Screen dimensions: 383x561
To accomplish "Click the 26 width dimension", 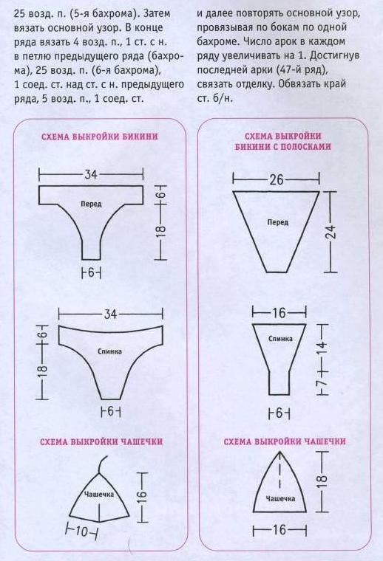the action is point(277,179).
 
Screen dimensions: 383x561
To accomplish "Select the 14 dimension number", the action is point(322,346).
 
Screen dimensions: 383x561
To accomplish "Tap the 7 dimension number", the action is point(323,382).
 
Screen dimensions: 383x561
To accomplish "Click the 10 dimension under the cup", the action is point(81,533).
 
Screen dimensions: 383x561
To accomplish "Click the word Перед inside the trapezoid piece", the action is point(278,222).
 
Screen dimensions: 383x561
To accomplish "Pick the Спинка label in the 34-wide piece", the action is point(110,351).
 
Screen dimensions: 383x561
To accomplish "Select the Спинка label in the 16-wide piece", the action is point(280,339).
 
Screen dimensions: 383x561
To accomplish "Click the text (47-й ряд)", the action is point(302,70).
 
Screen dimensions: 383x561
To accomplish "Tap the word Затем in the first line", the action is point(156,13).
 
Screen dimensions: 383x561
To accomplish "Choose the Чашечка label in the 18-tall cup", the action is point(280,498).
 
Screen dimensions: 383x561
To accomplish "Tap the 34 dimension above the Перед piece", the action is point(91,175).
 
